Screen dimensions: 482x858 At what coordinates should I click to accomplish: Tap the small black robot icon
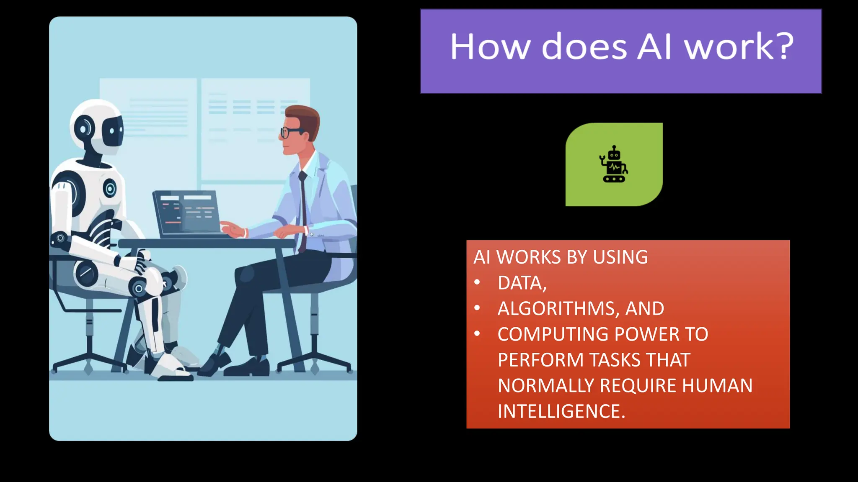[x=614, y=164]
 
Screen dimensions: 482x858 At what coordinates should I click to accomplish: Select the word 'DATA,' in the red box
[x=522, y=283]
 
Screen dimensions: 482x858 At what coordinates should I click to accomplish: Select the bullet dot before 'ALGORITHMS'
[x=477, y=308]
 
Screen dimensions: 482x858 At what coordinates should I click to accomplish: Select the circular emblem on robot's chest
[x=110, y=189]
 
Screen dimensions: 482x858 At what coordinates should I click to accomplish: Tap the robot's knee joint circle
[x=138, y=289]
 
